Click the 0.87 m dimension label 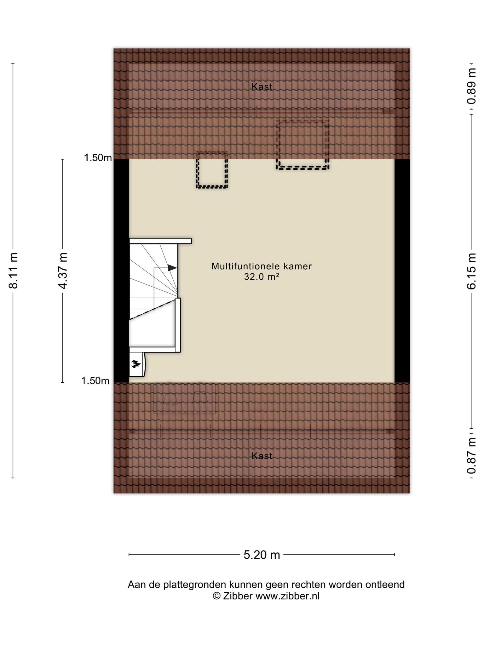pos(471,455)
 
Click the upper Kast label pos(262,87)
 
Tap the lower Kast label pos(262,456)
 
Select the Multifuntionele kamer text pos(262,266)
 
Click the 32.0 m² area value pos(262,277)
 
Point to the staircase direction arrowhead pos(172,268)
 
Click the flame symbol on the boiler pos(136,364)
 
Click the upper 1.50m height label pos(98,158)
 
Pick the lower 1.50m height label pos(95,381)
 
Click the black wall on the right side pos(402,271)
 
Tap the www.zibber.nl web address pos(287,596)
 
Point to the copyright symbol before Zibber pos(216,596)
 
